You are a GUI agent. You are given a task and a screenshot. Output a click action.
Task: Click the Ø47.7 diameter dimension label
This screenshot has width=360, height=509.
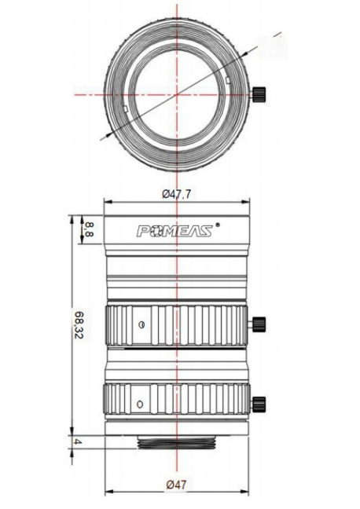tap(176, 194)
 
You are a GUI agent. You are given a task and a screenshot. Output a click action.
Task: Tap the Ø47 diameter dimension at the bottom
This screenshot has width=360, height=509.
tap(176, 485)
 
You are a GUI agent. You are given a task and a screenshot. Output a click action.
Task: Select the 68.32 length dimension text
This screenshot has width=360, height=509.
tap(79, 324)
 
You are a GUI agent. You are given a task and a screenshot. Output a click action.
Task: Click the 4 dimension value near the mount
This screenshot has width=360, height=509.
tap(78, 441)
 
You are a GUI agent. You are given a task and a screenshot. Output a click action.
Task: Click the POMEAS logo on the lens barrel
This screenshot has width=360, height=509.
tap(174, 231)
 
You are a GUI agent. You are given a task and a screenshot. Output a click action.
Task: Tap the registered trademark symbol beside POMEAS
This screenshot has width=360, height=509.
tap(218, 225)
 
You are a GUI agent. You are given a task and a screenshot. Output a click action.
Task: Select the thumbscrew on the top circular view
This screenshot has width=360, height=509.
tap(259, 94)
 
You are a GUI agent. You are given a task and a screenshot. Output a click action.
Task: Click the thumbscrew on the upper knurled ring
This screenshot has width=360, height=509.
tap(259, 324)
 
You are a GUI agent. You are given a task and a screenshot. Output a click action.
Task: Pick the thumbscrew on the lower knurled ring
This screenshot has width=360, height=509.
tap(259, 404)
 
